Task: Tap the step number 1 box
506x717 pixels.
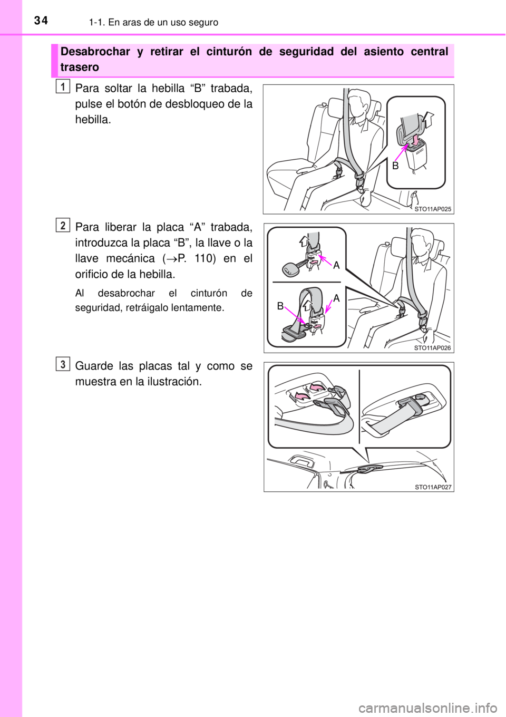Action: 64,86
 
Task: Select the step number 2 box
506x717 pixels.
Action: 64,225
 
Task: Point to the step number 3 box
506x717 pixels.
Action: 64,364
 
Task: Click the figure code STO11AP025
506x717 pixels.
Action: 433,209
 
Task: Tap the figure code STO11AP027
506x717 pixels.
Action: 433,487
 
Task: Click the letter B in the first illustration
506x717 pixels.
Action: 396,166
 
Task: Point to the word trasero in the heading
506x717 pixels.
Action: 80,67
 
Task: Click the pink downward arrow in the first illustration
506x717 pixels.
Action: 415,141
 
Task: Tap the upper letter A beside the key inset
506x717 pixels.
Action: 336,265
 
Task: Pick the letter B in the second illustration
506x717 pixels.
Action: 280,306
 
